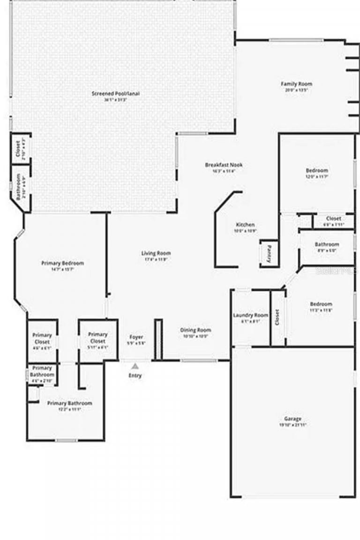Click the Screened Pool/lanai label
(115, 93)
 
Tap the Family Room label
(296, 84)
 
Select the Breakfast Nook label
(224, 165)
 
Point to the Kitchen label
(245, 225)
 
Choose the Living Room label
(156, 253)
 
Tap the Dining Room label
(195, 330)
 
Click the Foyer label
(136, 337)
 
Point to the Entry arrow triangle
(135, 366)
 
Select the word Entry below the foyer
(135, 375)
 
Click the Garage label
(293, 419)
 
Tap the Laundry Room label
(251, 315)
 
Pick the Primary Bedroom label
(62, 263)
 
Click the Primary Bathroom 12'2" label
(70, 403)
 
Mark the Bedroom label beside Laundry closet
(321, 304)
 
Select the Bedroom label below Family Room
(317, 171)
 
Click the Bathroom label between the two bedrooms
(327, 245)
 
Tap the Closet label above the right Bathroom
(333, 218)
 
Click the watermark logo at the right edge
(337, 271)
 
